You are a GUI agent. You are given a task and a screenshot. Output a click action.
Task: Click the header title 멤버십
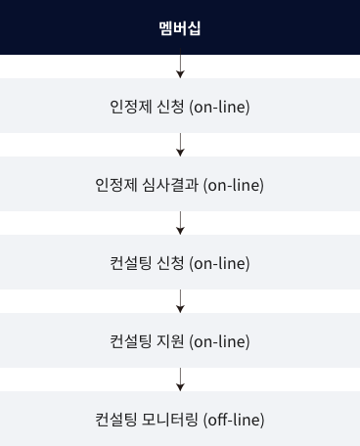(x=180, y=27)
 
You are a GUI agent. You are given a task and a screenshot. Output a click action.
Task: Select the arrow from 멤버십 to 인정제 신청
(x=180, y=67)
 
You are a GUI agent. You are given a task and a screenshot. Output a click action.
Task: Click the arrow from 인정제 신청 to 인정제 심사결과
(x=180, y=145)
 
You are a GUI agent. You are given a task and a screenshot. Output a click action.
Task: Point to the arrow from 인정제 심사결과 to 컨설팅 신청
(x=180, y=223)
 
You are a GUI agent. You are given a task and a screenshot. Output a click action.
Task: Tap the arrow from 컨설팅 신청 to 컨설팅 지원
(x=180, y=301)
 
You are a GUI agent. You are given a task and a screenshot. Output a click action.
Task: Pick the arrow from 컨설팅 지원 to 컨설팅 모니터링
(x=180, y=379)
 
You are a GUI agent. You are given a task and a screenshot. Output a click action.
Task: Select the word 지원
(x=170, y=341)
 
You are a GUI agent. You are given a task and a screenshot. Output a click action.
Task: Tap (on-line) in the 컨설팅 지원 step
(x=219, y=341)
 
